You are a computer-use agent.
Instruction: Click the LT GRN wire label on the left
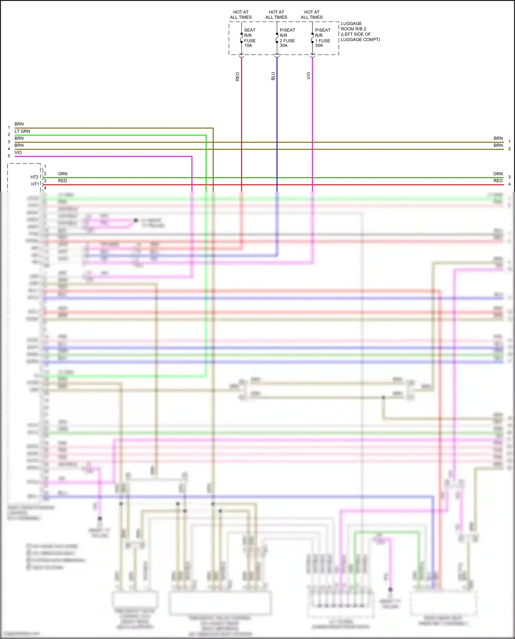pos(22,131)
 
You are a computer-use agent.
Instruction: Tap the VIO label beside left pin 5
pos(18,152)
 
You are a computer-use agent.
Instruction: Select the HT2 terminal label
pos(34,177)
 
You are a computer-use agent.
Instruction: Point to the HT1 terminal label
pos(35,184)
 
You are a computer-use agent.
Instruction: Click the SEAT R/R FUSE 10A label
pos(250,38)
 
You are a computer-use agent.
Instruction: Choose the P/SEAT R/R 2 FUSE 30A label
pos(287,38)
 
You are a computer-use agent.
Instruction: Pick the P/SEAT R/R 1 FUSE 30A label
pos(322,38)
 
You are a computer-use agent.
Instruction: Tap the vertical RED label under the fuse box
pos(237,77)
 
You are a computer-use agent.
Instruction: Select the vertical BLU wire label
pos(273,76)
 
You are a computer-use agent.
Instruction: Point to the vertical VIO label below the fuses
pos(308,76)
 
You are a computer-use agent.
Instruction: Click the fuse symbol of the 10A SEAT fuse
pos(241,38)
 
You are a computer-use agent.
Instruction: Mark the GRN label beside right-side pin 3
pos(498,174)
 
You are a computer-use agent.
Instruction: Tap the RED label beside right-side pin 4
pos(498,181)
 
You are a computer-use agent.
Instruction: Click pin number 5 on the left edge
pos(9,156)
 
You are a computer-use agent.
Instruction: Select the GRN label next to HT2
pos(62,174)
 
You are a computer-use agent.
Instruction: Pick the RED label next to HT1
pos(62,181)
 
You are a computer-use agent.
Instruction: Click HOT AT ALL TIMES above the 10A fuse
pos(241,15)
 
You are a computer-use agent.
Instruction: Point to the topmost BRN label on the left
pos(19,124)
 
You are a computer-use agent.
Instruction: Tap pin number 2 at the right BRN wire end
pos(510,149)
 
